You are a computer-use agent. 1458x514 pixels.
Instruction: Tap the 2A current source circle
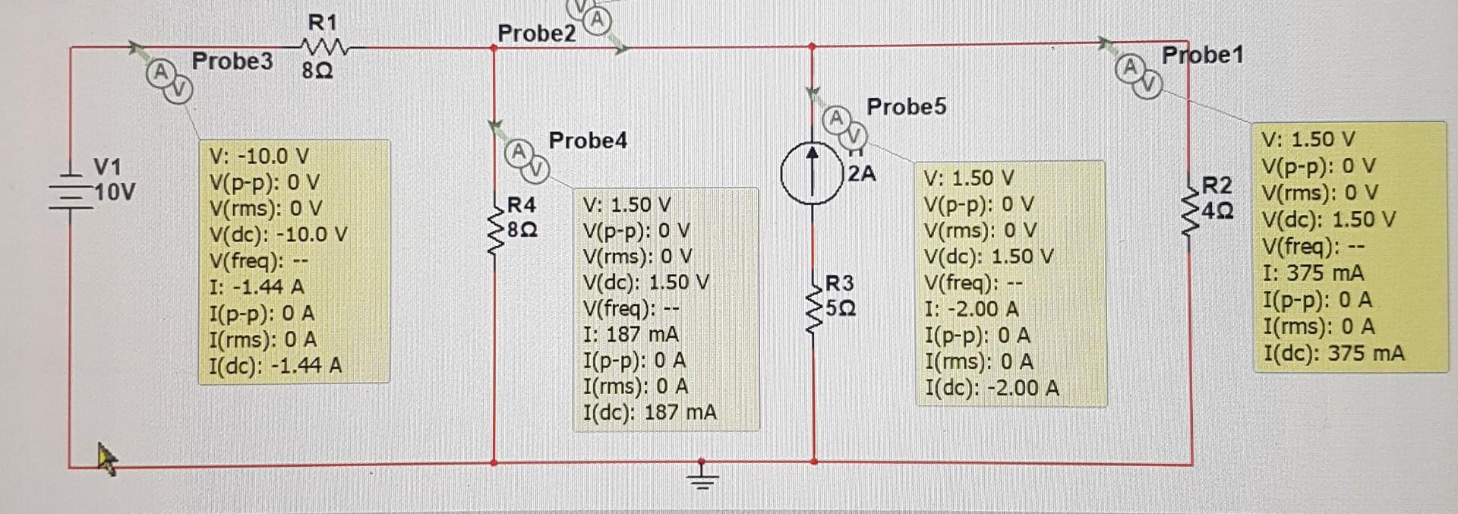(x=812, y=174)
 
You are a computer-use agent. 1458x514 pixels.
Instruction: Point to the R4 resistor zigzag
(x=495, y=228)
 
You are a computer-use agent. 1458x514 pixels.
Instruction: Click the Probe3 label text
(x=232, y=61)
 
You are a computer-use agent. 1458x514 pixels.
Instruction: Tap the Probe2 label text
(x=536, y=33)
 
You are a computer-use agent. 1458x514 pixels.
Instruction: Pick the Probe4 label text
(x=588, y=140)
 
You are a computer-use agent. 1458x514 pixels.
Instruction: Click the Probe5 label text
(x=906, y=106)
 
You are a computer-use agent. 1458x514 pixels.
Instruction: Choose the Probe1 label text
(x=1202, y=55)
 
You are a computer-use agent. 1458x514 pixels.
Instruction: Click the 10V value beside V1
(x=115, y=192)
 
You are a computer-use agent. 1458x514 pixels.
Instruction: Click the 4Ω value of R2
(x=1217, y=210)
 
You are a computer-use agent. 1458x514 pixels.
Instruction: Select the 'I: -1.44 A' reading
(x=256, y=287)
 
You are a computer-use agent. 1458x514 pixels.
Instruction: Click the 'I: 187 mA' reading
(x=630, y=334)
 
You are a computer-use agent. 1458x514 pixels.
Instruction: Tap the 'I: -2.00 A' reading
(x=971, y=309)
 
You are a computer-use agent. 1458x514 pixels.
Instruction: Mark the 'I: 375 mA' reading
(x=1313, y=273)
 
